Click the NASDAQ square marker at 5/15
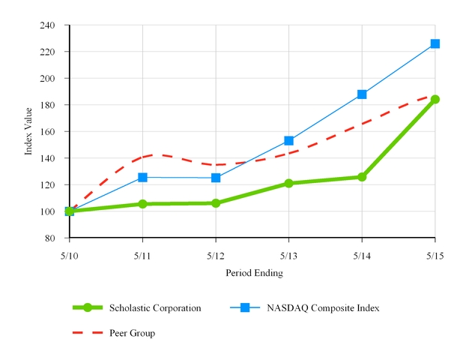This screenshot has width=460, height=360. click(x=435, y=43)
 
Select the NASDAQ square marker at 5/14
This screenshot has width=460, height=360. click(x=362, y=94)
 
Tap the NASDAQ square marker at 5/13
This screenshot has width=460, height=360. click(x=288, y=140)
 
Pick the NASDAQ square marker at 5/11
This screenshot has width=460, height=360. click(x=142, y=177)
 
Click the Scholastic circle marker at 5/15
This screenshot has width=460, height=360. click(x=435, y=99)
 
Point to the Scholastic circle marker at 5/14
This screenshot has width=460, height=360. click(x=362, y=177)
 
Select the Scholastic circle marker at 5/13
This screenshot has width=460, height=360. click(x=288, y=183)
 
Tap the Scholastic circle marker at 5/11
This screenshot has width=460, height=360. click(x=142, y=204)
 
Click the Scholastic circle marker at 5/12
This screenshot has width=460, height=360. click(x=216, y=203)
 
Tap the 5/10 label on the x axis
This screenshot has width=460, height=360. click(x=70, y=255)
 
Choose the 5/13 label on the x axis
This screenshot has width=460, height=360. click(x=288, y=255)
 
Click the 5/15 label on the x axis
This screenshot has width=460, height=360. click(x=435, y=255)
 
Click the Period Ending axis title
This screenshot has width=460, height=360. click(x=254, y=274)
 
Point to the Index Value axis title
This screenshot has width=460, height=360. click(x=29, y=130)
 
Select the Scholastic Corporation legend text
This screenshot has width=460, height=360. click(x=155, y=307)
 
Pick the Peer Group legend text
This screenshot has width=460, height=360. click(x=132, y=333)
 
